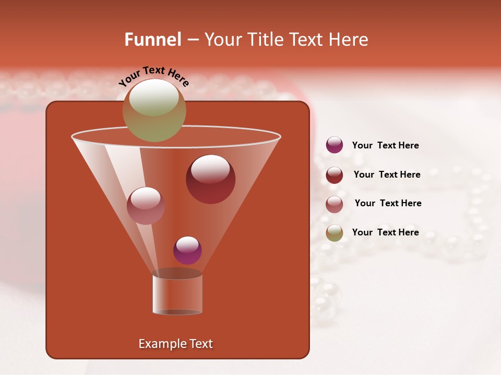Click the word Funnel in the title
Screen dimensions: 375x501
[x=153, y=40]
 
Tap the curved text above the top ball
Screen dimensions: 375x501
[x=153, y=76]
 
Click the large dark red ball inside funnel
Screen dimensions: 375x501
[x=210, y=180]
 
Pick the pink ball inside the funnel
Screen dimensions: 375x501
[x=146, y=206]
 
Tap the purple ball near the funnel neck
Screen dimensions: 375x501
[x=187, y=251]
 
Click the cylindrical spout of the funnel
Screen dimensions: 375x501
[x=177, y=294]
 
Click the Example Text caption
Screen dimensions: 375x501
[x=175, y=344]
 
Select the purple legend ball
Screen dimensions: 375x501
[x=335, y=145]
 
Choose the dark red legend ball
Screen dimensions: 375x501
[x=335, y=175]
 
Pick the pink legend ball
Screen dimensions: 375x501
[x=335, y=204]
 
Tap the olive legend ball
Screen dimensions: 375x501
[x=335, y=233]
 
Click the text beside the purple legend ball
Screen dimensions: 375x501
[x=385, y=146]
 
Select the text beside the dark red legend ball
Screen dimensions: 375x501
[x=387, y=174]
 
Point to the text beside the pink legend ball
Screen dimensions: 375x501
[x=388, y=203]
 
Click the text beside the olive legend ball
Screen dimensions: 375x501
[x=385, y=232]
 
